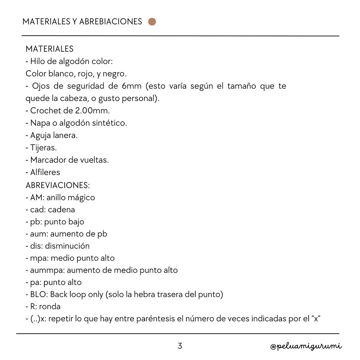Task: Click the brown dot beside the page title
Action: (x=152, y=22)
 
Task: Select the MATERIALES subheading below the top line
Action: (x=49, y=49)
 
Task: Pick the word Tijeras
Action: (x=43, y=148)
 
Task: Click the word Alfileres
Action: (x=45, y=172)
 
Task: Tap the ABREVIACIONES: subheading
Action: (x=58, y=185)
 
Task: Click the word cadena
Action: (x=61, y=210)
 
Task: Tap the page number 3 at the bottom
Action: (x=180, y=346)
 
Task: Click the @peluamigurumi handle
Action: (x=306, y=346)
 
